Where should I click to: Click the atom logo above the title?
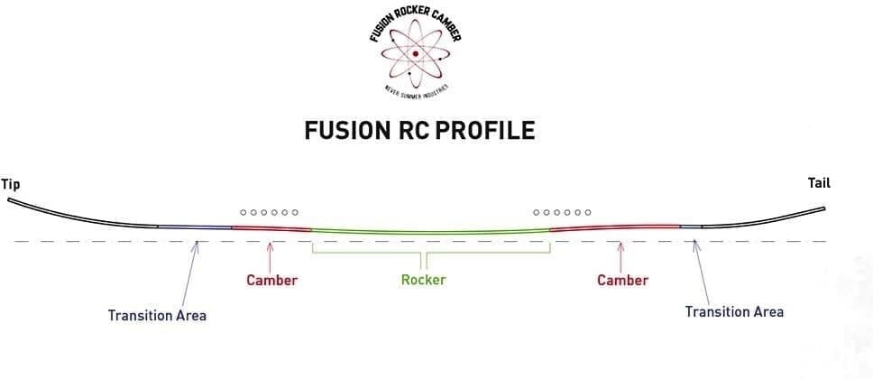pos(416,54)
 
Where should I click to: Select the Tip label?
pos(11,184)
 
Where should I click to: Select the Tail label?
pos(819,184)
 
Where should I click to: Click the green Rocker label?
pos(423,280)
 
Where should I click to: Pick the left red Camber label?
pos(271,280)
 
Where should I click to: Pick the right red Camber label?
pos(622,280)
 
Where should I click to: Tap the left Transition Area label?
pos(157,315)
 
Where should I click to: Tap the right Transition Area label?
pos(734,311)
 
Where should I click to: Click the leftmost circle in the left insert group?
pos(244,213)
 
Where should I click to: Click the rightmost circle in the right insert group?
pos(589,213)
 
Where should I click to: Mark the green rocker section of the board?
pos(430,234)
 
